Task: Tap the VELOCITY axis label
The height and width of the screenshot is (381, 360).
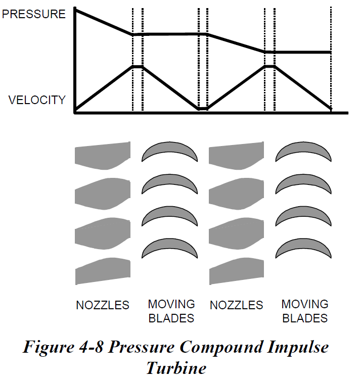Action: coord(37,100)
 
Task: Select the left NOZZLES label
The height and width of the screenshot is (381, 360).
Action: coord(103,305)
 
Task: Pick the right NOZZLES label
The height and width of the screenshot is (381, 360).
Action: coord(236,305)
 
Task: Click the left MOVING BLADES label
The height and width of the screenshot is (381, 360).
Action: coord(171,311)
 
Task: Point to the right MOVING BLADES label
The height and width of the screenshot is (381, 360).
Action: coord(304,311)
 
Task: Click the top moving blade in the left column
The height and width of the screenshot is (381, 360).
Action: coord(168,151)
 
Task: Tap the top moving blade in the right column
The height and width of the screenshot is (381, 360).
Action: coord(303,151)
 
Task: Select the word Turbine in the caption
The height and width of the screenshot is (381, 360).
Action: coord(176,368)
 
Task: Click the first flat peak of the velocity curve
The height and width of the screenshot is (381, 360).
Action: coord(138,66)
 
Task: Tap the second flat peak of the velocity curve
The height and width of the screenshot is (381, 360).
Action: coord(269,66)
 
